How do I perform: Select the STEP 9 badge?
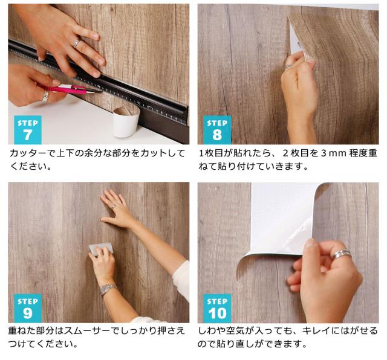(x=27, y=308)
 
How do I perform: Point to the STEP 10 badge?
(x=217, y=308)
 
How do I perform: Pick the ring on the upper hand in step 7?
(x=76, y=43)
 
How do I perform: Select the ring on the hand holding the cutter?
(x=45, y=95)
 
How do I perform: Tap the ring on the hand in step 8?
(x=289, y=66)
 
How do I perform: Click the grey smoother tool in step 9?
(x=101, y=248)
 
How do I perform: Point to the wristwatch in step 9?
(x=108, y=290)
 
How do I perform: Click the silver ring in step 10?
(x=341, y=254)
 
